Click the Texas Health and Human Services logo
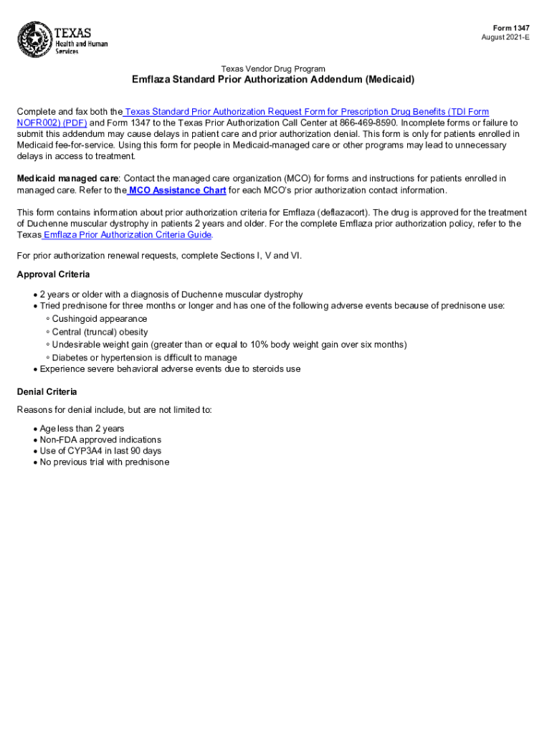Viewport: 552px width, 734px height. click(62, 41)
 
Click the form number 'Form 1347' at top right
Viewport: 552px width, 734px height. click(511, 27)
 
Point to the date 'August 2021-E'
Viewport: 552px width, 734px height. click(506, 37)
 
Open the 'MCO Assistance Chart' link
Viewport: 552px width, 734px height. click(176, 190)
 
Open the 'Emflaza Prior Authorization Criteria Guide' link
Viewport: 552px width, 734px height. click(128, 234)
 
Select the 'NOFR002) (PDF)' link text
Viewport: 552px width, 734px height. click(52, 123)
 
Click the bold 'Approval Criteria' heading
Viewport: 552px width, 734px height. click(53, 275)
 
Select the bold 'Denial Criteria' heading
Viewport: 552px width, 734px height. click(47, 392)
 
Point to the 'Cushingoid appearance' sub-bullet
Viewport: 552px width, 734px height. click(99, 319)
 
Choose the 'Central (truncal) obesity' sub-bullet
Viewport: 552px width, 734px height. click(100, 332)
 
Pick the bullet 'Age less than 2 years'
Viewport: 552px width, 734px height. click(82, 429)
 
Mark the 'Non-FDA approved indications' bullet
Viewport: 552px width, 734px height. click(100, 439)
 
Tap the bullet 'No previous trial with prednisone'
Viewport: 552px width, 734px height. click(105, 462)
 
